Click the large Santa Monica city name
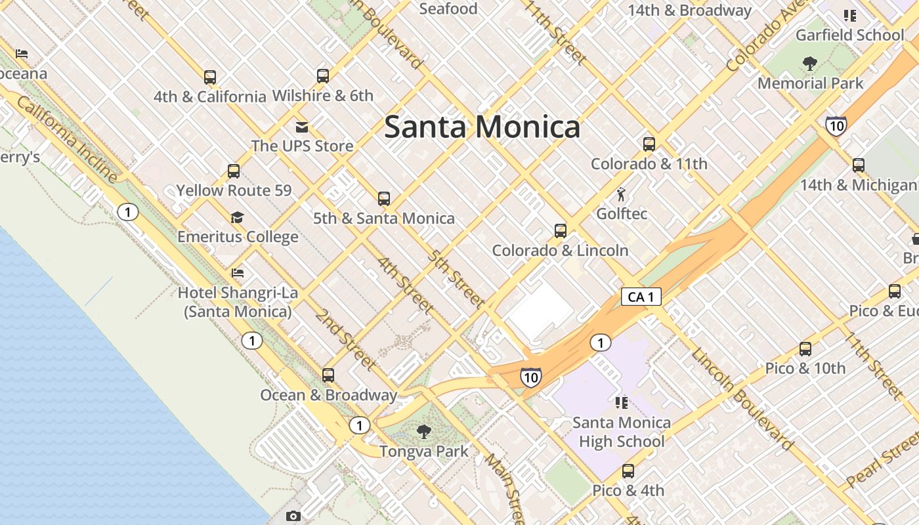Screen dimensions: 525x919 482,127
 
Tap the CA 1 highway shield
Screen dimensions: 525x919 641,297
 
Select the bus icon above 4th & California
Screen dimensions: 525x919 210,77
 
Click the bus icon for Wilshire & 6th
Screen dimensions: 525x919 323,75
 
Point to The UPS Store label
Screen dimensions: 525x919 302,146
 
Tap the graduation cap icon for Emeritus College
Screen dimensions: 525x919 237,217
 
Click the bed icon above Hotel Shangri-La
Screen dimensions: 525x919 238,273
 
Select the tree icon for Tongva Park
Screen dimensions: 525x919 424,431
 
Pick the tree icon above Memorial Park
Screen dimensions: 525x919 810,64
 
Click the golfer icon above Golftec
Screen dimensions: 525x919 621,194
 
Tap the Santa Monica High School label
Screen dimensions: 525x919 622,432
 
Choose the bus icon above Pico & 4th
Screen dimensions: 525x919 628,471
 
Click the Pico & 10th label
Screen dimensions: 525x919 805,368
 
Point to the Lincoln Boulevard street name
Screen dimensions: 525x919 742,400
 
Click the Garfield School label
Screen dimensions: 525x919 849,35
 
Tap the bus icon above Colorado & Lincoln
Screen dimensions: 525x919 561,231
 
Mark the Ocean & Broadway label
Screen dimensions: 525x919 329,395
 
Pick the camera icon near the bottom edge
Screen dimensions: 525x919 293,516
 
